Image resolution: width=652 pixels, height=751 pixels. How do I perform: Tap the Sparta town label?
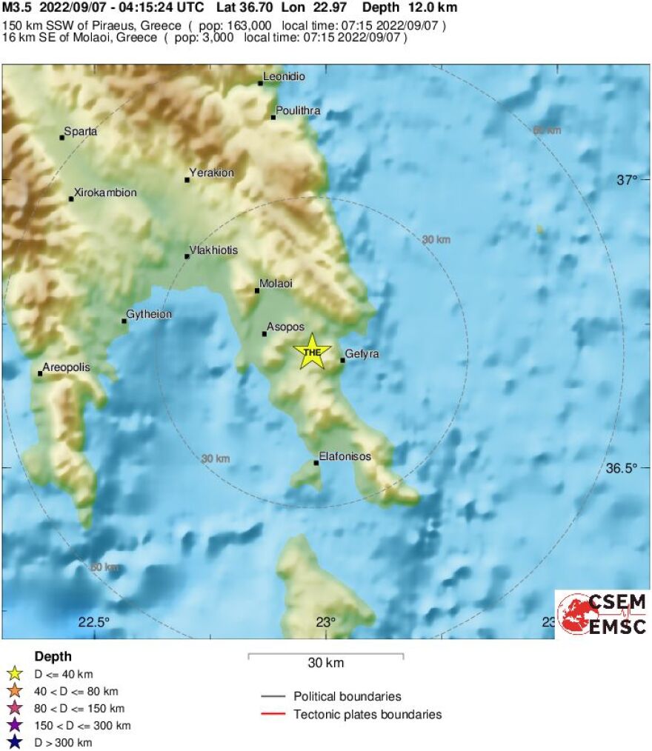(80, 132)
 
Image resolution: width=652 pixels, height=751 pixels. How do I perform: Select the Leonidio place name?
(285, 77)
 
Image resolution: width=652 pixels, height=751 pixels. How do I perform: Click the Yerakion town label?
(212, 173)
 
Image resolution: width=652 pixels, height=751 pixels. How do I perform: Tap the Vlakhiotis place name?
(214, 250)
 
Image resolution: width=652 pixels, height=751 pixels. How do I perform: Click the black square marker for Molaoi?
(257, 290)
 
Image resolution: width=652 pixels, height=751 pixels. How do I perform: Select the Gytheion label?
(149, 315)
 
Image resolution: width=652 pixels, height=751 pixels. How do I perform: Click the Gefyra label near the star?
(362, 354)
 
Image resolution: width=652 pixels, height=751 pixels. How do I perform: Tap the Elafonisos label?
(345, 456)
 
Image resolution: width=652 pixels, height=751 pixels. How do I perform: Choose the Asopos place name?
(286, 327)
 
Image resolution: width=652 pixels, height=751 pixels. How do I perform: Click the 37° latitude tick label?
(628, 180)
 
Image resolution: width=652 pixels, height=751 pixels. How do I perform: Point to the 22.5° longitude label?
(94, 622)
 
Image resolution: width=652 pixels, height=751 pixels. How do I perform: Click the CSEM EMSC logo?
(602, 613)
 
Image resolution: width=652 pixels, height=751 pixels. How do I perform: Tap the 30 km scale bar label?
(325, 663)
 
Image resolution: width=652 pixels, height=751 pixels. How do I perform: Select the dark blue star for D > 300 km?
(13, 742)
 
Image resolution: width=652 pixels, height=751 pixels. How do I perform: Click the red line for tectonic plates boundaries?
(274, 715)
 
